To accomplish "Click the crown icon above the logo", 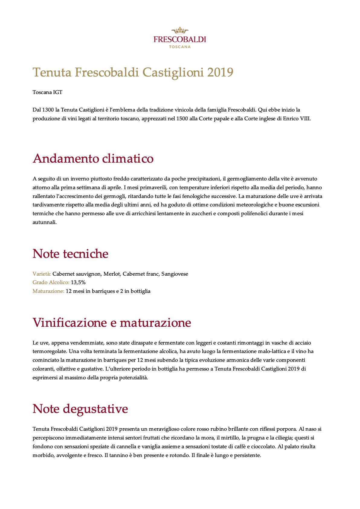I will click(x=180, y=30).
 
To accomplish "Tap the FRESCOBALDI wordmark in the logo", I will click(x=180, y=39).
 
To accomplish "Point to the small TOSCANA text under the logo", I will click(x=180, y=47).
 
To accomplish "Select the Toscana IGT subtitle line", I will click(x=47, y=92).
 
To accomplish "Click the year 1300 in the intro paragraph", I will click(x=48, y=110).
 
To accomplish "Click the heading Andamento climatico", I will click(x=93, y=159).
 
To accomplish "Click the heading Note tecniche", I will click(x=70, y=254).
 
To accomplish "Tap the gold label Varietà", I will click(x=42, y=274).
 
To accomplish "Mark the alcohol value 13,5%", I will click(x=78, y=282).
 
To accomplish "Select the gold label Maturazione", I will click(x=48, y=291).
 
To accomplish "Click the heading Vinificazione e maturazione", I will click(x=112, y=323).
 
